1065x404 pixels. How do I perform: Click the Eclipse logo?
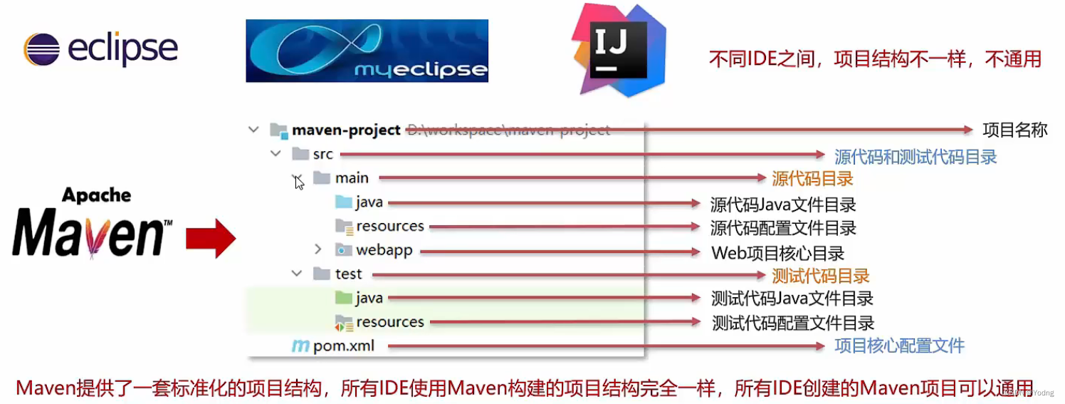(x=100, y=49)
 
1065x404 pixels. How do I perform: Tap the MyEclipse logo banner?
(x=367, y=51)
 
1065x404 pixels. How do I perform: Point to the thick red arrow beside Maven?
(x=210, y=239)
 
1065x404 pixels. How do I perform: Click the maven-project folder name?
(x=346, y=130)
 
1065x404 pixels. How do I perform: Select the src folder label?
(x=322, y=154)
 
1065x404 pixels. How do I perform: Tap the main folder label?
(x=352, y=178)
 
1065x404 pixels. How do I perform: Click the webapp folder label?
(x=384, y=251)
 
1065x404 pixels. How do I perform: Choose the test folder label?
(x=348, y=274)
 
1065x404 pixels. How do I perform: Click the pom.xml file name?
(x=343, y=346)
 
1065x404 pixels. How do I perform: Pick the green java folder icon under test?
(x=344, y=298)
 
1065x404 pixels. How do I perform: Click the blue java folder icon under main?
(x=344, y=202)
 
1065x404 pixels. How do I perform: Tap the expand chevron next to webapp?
(x=318, y=250)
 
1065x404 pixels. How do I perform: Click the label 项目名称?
(x=1014, y=130)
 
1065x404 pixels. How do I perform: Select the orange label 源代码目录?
(x=812, y=178)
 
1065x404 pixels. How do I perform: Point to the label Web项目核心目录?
(x=777, y=253)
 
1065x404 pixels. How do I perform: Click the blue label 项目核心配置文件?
(x=899, y=346)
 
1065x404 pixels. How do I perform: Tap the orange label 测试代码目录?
(x=821, y=276)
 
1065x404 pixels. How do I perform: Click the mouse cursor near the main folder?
(x=299, y=183)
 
